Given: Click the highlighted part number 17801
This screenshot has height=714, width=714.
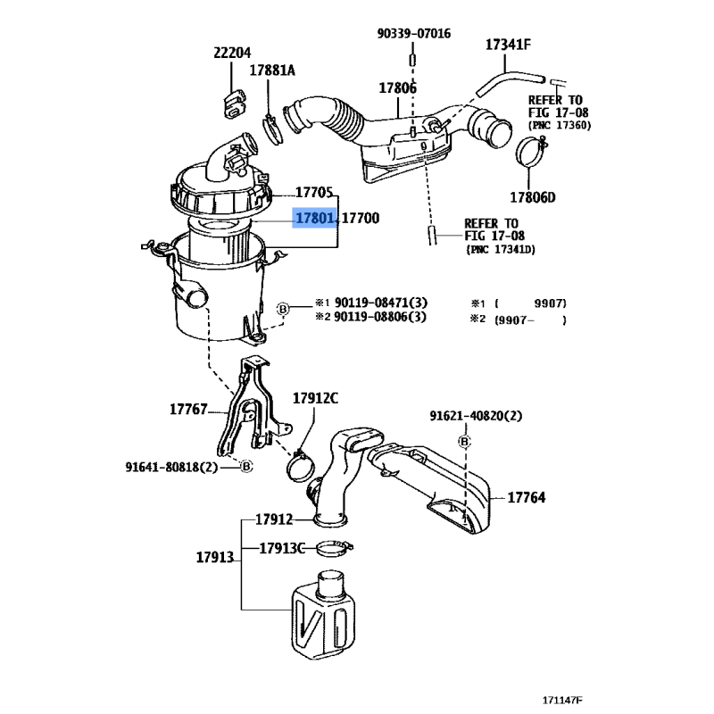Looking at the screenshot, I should [316, 218].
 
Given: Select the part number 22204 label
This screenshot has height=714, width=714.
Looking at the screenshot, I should [233, 53].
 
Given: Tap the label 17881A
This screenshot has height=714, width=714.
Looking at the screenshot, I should [272, 70].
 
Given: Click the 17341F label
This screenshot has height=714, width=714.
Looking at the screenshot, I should [509, 44].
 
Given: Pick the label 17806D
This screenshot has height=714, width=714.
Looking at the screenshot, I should [533, 197].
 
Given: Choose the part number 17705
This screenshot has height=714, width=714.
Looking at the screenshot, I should [314, 192].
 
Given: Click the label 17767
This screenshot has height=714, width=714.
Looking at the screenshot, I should [188, 410].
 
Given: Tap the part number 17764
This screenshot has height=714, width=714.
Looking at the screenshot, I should [527, 498].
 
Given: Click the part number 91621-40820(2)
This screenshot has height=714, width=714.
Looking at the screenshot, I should [476, 416].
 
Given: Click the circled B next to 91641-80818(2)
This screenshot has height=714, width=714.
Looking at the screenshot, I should [247, 466].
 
